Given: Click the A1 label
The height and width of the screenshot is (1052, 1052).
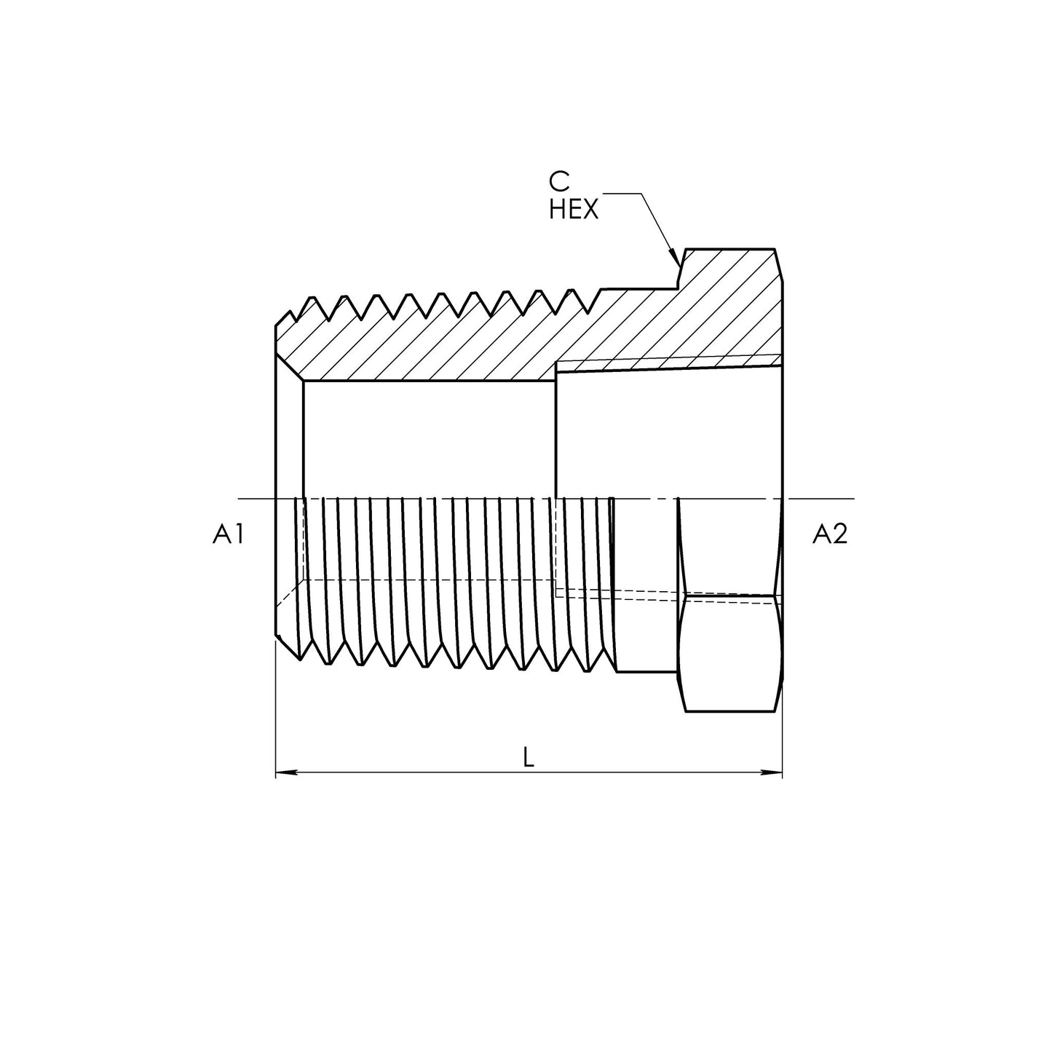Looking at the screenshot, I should point(227,535).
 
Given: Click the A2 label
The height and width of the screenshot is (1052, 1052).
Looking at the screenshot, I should point(830,535).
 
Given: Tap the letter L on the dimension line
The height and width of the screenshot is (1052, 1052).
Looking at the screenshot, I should point(529,758).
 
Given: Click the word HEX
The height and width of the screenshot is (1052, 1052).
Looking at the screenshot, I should point(574,210).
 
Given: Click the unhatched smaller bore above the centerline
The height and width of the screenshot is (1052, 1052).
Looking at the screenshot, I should point(430,437).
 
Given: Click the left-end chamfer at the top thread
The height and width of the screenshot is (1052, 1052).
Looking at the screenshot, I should point(282,320).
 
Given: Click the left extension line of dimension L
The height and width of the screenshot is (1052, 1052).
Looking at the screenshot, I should point(275,713).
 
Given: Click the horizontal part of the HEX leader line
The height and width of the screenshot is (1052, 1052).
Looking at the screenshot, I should point(622,194).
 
